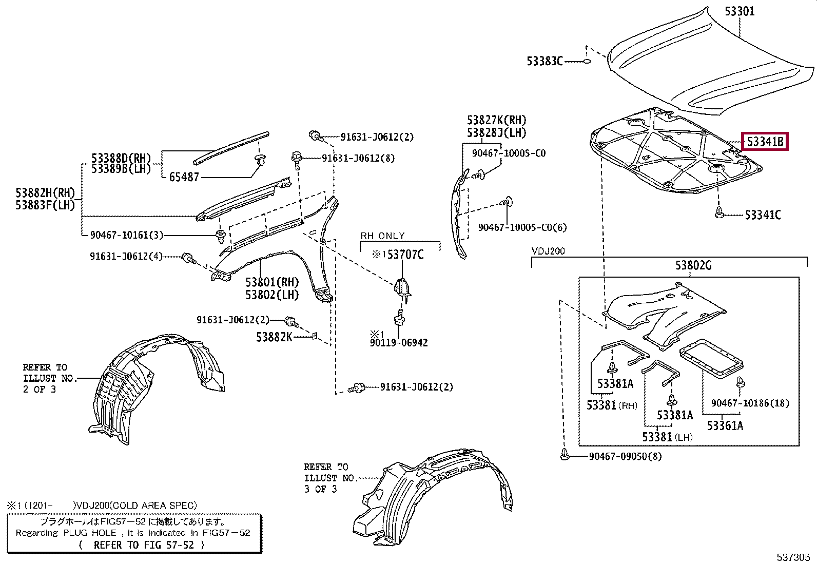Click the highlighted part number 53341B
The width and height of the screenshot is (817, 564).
[x=765, y=141]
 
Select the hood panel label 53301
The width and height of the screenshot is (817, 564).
[x=740, y=11]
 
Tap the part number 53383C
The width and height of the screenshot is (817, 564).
[x=544, y=61]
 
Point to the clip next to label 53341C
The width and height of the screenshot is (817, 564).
[x=719, y=213]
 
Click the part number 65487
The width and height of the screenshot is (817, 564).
[x=184, y=177]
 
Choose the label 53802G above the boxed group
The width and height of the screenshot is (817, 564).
[x=693, y=265]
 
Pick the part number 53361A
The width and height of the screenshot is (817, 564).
[x=725, y=425]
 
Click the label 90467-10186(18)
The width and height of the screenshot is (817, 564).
[x=750, y=403]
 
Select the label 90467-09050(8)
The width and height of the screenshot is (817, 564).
[x=625, y=456]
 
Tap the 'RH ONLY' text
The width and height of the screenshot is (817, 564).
[x=382, y=236]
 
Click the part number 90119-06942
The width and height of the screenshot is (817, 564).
[x=399, y=343]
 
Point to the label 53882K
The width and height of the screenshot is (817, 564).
[x=274, y=337]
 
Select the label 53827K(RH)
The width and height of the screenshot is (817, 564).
[x=496, y=120]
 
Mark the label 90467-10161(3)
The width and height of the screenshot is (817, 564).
[x=126, y=235]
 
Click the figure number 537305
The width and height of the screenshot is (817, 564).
[x=793, y=557]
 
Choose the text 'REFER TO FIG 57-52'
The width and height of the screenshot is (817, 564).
[x=144, y=545]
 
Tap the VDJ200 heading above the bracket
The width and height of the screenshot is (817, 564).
[x=548, y=251]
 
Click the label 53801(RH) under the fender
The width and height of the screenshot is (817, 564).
[x=271, y=282]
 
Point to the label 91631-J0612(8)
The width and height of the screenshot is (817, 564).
[x=358, y=158]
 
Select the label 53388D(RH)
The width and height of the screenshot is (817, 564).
[x=121, y=158]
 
